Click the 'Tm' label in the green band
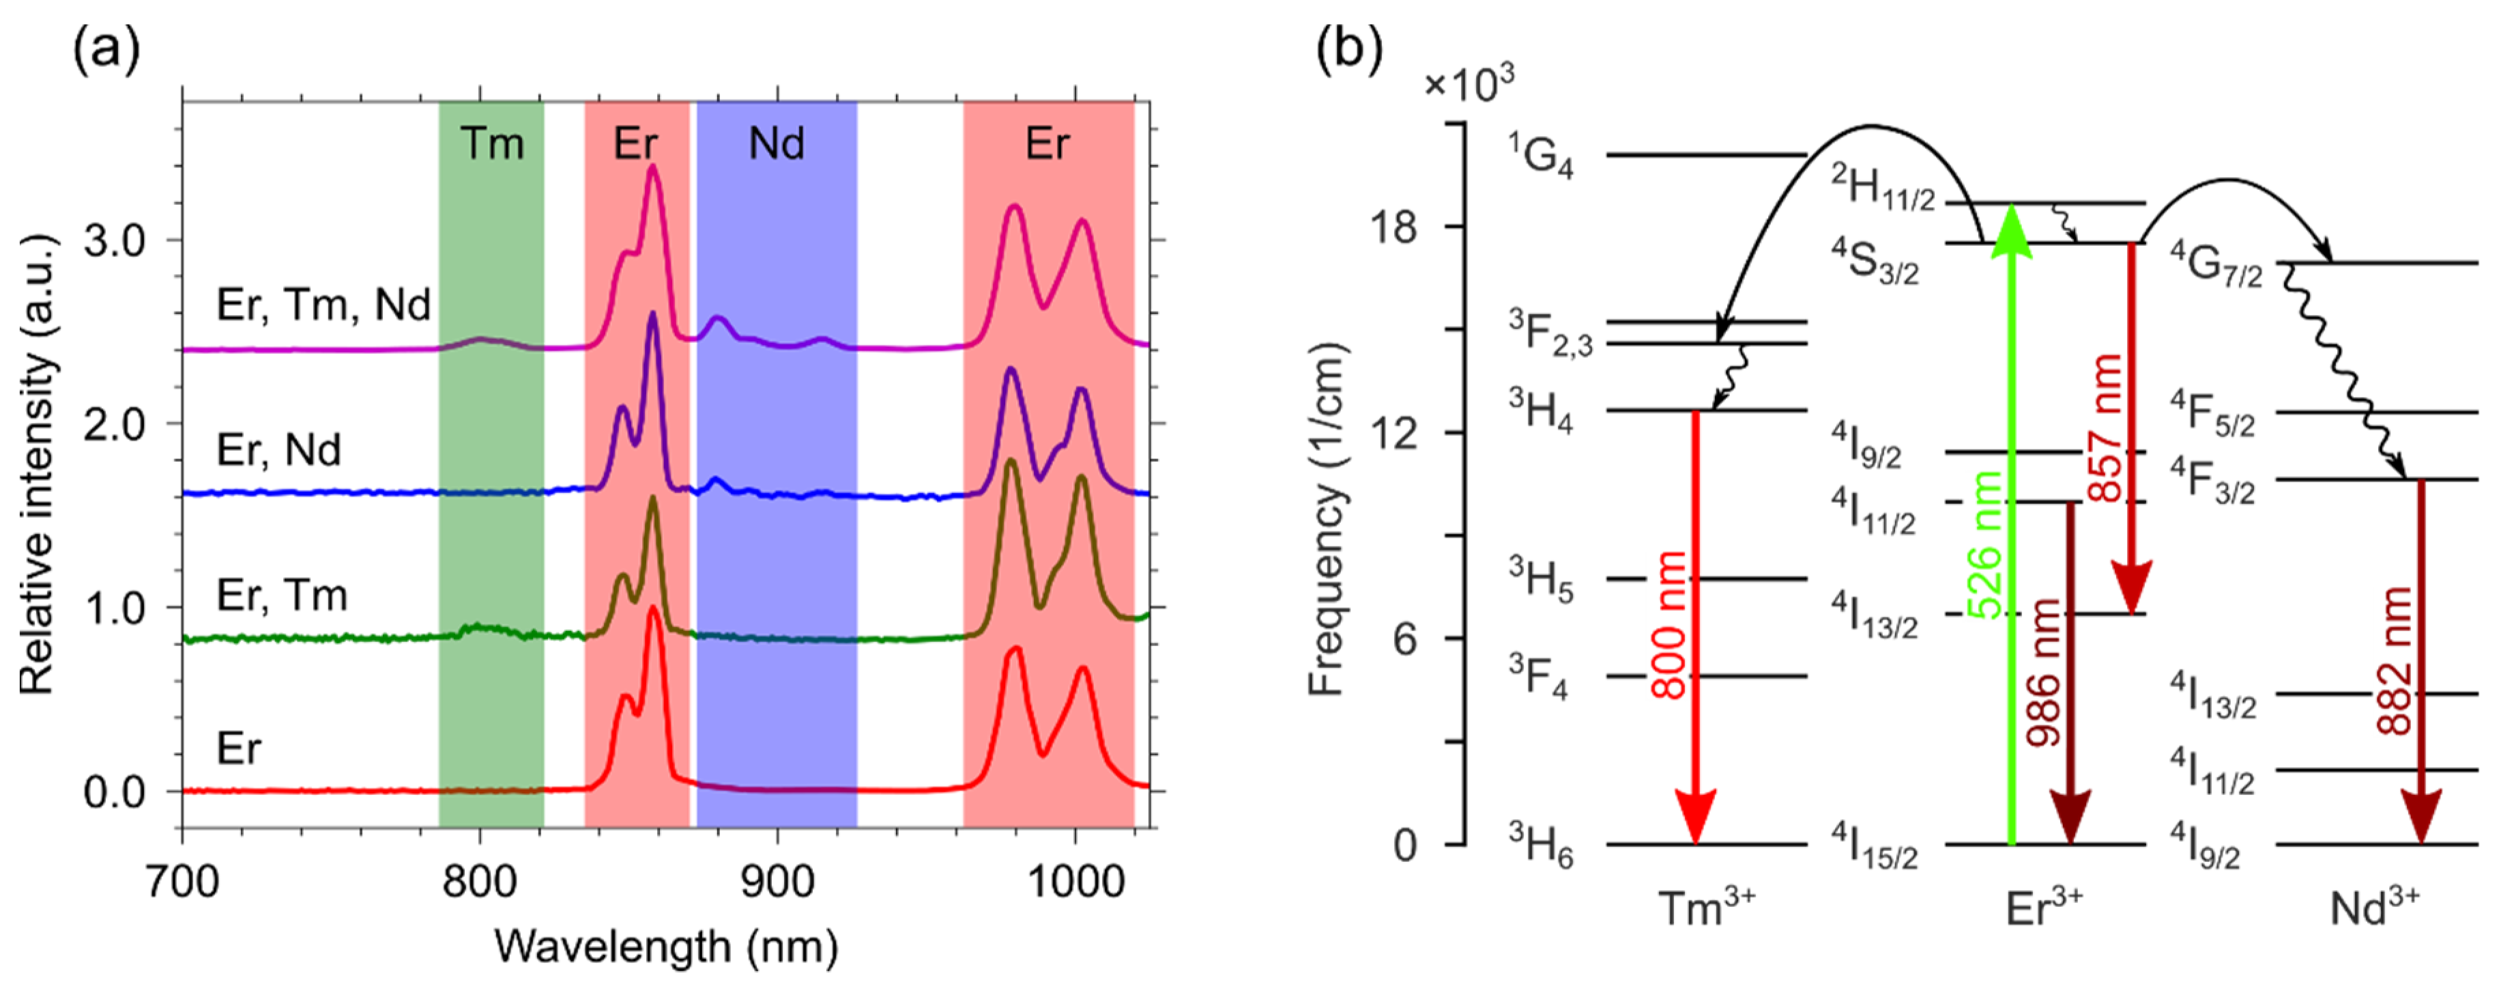click(492, 143)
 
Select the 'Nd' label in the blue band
click(776, 143)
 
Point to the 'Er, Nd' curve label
click(278, 449)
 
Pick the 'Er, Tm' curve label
click(281, 594)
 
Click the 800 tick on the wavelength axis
click(479, 881)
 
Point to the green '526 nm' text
click(1986, 544)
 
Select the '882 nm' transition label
click(2394, 660)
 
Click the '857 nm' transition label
click(2105, 427)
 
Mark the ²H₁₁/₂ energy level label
click(1882, 187)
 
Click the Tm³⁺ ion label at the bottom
click(1707, 908)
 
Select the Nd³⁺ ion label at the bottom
click(2374, 908)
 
